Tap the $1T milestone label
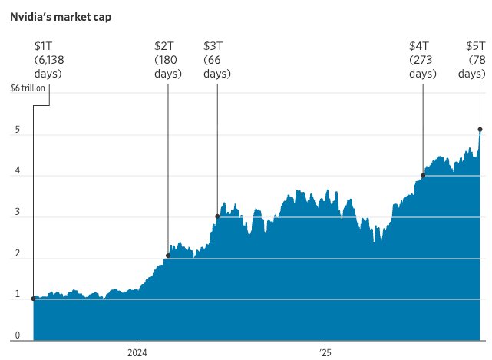(44, 45)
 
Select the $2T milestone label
(163, 45)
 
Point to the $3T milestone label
(213, 45)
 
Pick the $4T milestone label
(419, 45)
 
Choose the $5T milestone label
(476, 45)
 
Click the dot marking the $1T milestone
(33, 299)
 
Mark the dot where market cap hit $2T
(167, 256)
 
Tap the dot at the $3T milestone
(217, 216)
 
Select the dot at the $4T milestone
(423, 175)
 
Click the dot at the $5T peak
(480, 130)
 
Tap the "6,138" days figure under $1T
(50, 60)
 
